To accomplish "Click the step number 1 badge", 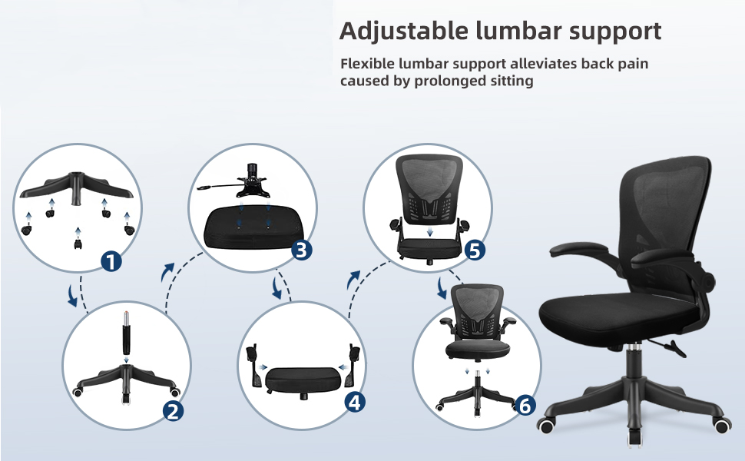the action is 111,261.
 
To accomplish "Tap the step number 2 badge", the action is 173,411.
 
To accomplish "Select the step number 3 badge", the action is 301,250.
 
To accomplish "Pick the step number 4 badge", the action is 355,403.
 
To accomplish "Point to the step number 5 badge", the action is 475,250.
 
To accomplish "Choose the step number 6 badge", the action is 525,406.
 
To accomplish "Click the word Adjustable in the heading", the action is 403,32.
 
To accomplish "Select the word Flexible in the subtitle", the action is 367,63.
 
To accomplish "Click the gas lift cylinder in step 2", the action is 127,333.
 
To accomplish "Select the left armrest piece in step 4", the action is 255,366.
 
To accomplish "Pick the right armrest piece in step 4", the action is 353,364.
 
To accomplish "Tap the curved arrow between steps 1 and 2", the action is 72,296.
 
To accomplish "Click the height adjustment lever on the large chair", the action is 669,347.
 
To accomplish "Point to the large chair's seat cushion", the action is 618,313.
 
